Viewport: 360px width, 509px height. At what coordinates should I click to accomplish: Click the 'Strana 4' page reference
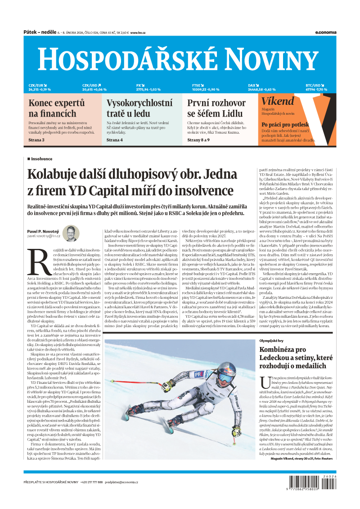point(115,140)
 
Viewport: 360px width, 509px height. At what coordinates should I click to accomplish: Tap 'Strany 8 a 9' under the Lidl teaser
point(198,140)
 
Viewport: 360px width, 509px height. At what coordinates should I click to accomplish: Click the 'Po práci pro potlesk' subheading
point(285,124)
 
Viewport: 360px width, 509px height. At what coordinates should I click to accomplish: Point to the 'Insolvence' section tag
point(41,159)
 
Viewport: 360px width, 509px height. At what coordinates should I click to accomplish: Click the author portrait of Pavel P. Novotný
point(71,233)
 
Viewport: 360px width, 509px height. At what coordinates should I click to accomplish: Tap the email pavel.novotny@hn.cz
point(44,235)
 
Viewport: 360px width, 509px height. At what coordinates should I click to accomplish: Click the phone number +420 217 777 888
point(91,482)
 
